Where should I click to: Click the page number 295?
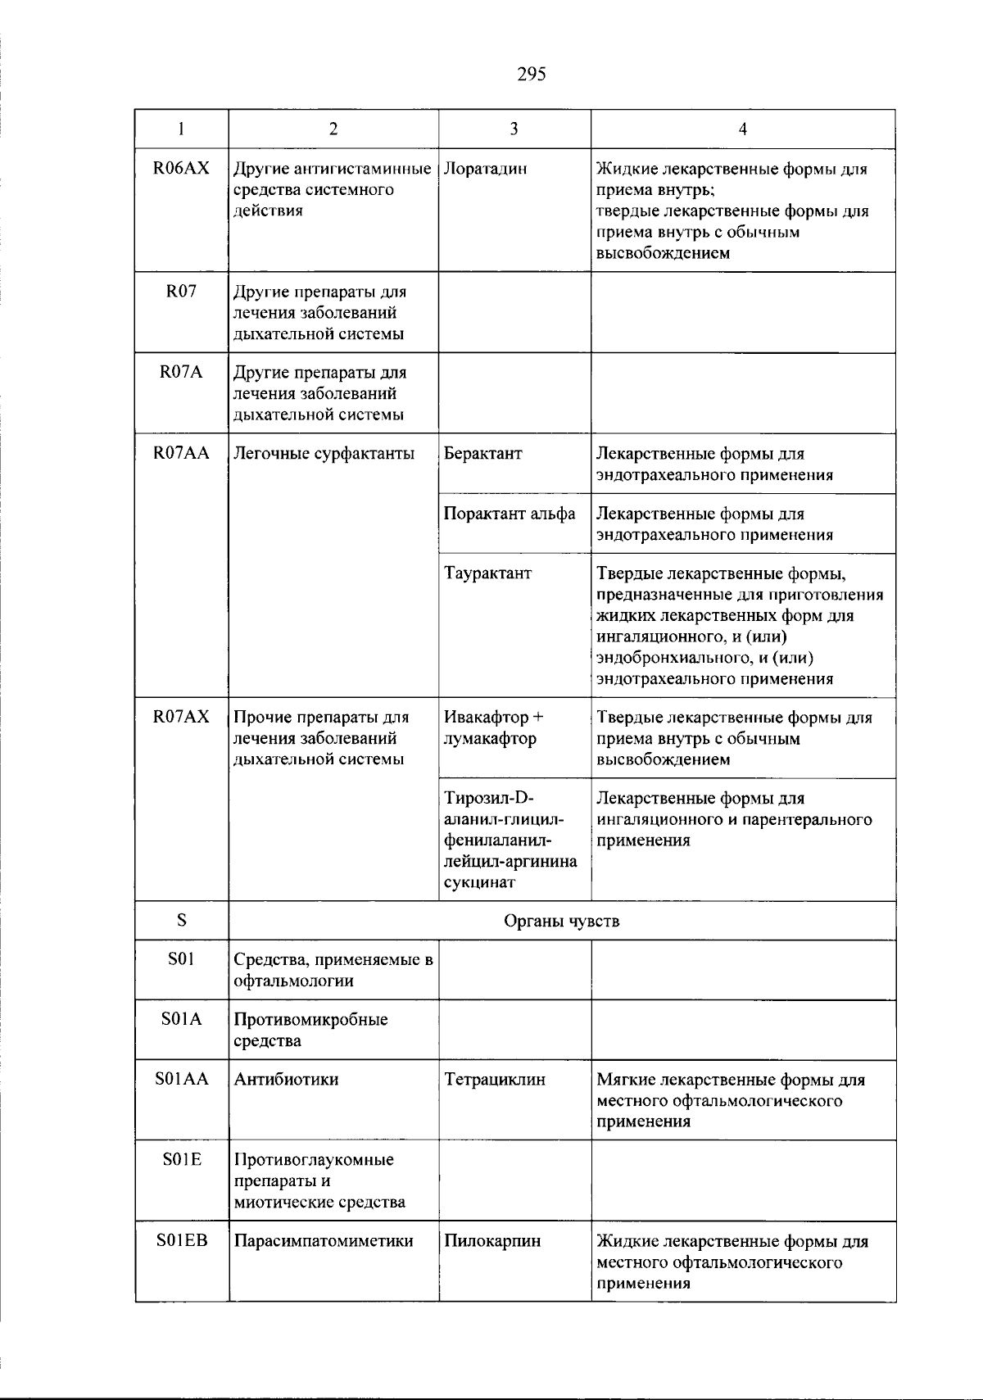(x=532, y=75)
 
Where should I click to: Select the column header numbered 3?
(x=514, y=129)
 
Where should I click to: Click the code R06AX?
(x=181, y=168)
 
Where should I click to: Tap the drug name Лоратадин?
(x=485, y=169)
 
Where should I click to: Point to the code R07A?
(x=181, y=372)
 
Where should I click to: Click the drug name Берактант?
(x=482, y=453)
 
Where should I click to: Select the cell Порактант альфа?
(x=509, y=514)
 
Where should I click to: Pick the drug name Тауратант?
(x=487, y=573)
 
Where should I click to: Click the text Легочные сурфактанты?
(x=324, y=453)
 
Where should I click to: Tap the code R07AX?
(x=181, y=717)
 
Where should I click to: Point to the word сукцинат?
(x=479, y=882)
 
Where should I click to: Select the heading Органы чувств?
(x=561, y=921)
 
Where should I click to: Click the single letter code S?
(x=181, y=921)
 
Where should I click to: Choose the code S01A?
(x=181, y=1019)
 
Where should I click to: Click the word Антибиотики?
(x=286, y=1079)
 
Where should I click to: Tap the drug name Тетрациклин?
(x=494, y=1079)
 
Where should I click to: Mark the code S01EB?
(x=181, y=1240)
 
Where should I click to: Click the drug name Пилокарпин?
(x=491, y=1240)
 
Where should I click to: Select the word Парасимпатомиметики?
(x=324, y=1240)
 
